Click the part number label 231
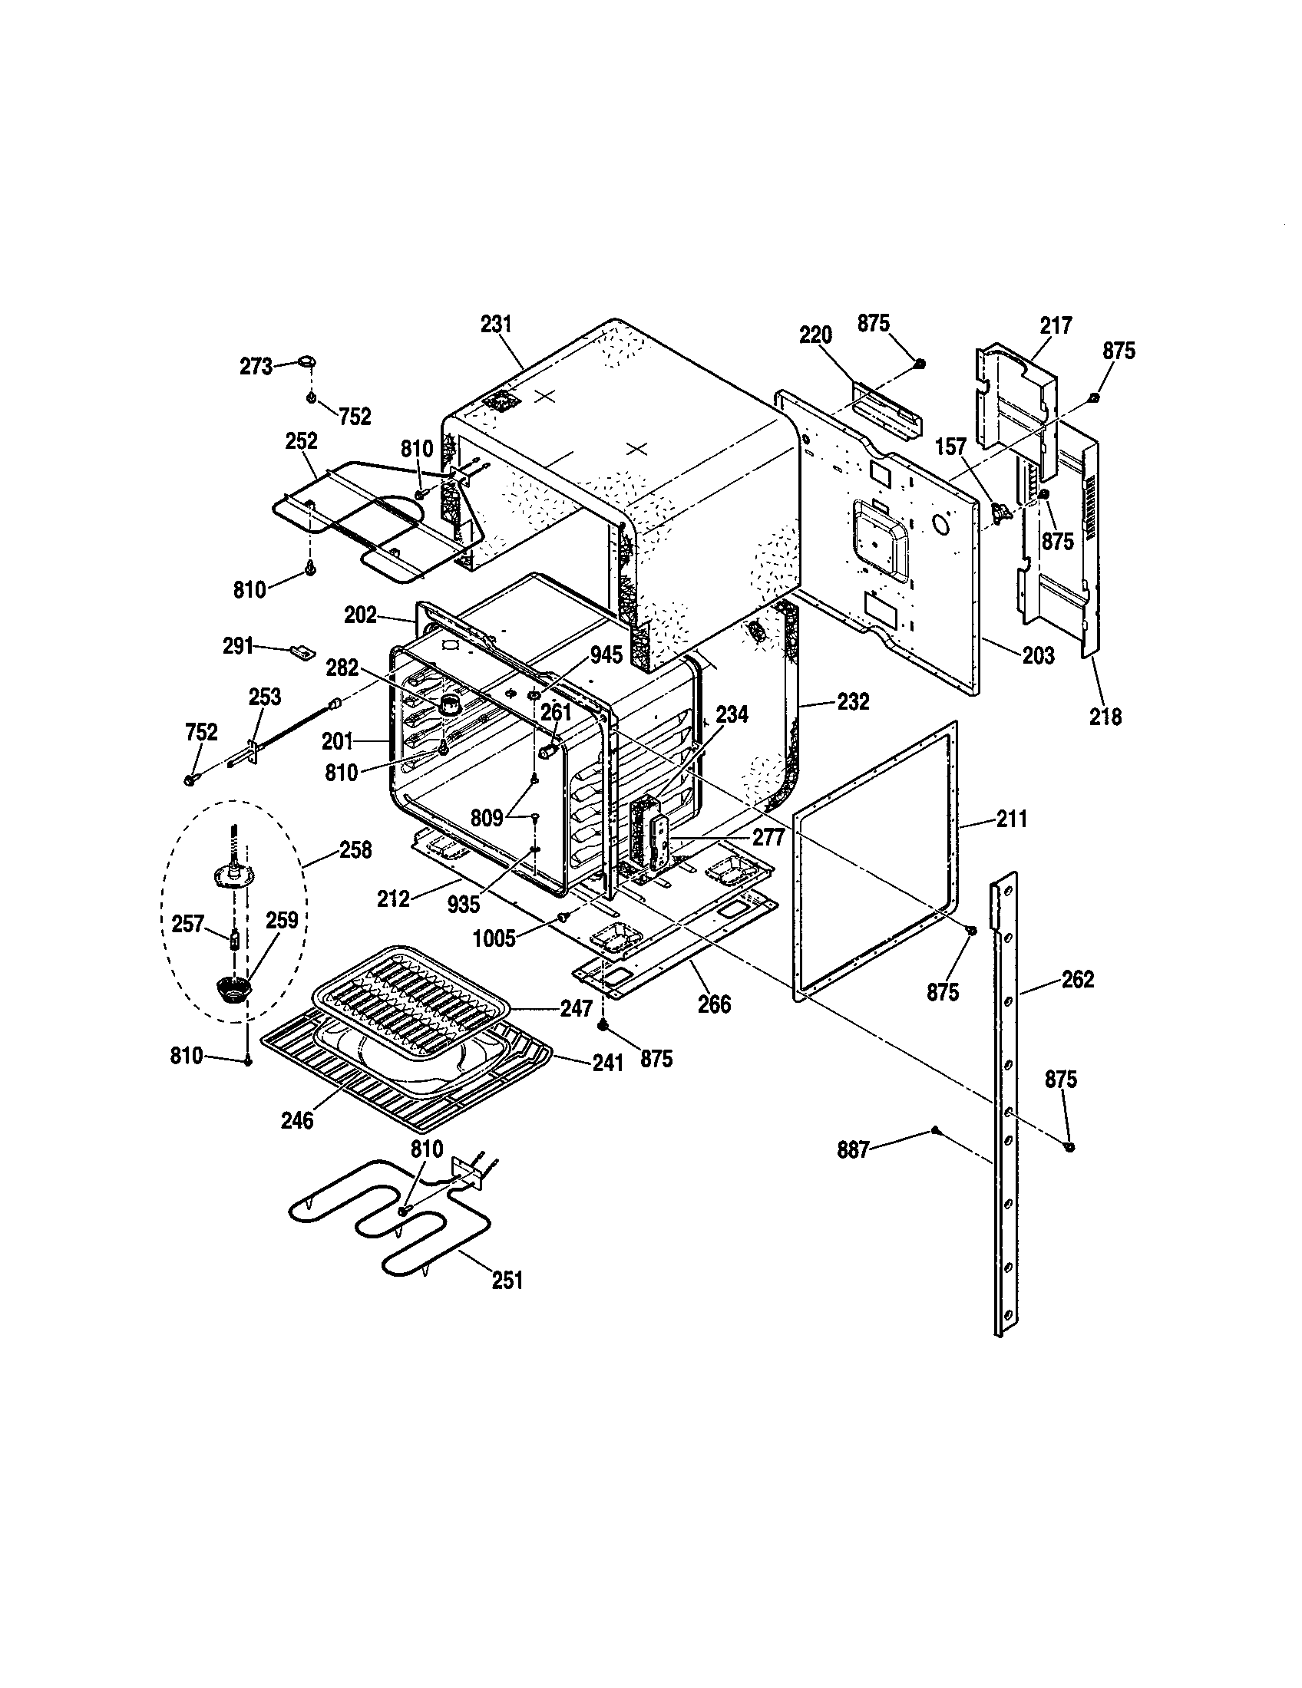[x=497, y=324]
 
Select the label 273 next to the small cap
[x=255, y=364]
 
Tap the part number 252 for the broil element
[x=301, y=440]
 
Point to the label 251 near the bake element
[x=507, y=1281]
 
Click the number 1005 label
[x=494, y=938]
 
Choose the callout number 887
[x=853, y=1151]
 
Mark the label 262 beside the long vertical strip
[x=1078, y=979]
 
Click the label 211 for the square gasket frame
[x=1011, y=819]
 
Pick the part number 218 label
[x=1105, y=717]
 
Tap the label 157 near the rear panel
[x=952, y=447]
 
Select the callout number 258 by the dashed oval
[x=355, y=850]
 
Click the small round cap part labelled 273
[x=307, y=361]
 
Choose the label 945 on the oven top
[x=606, y=655]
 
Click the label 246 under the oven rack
[x=297, y=1120]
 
